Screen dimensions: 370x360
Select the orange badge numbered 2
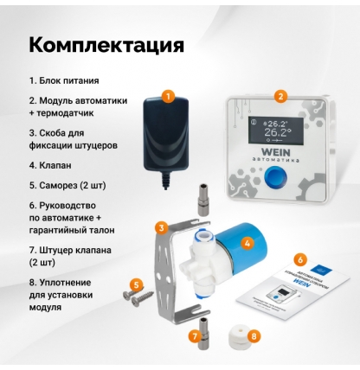click(280, 97)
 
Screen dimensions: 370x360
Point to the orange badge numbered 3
click(161, 226)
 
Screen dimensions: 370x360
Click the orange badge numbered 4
click(247, 245)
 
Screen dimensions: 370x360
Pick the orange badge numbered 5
click(136, 283)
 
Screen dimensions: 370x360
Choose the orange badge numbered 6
click(299, 258)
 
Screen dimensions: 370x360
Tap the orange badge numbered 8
click(254, 335)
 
